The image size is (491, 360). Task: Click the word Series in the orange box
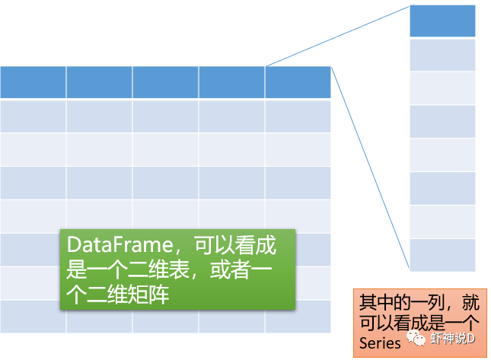[380, 343]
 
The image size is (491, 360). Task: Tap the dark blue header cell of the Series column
[442, 21]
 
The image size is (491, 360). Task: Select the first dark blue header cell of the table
[33, 82]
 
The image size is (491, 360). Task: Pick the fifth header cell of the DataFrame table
[298, 82]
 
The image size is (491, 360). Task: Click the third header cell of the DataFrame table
[165, 82]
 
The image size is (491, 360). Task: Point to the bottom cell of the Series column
[442, 255]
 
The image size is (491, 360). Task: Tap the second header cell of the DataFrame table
[99, 82]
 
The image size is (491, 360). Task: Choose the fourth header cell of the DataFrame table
[231, 82]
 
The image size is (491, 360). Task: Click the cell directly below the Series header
[442, 55]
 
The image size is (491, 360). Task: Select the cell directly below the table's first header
[33, 116]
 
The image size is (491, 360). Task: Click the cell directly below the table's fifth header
[298, 116]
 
